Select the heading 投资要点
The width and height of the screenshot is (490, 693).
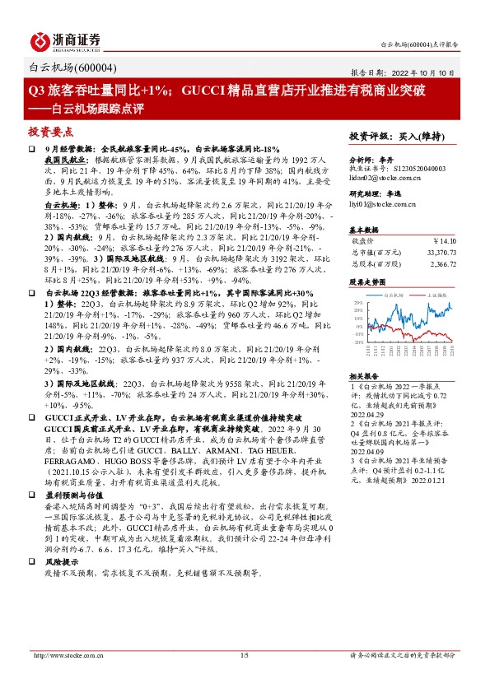pyautogui.click(x=51, y=132)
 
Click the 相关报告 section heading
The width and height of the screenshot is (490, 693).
pyautogui.click(x=365, y=352)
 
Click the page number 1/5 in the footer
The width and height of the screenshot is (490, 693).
pyautogui.click(x=244, y=655)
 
